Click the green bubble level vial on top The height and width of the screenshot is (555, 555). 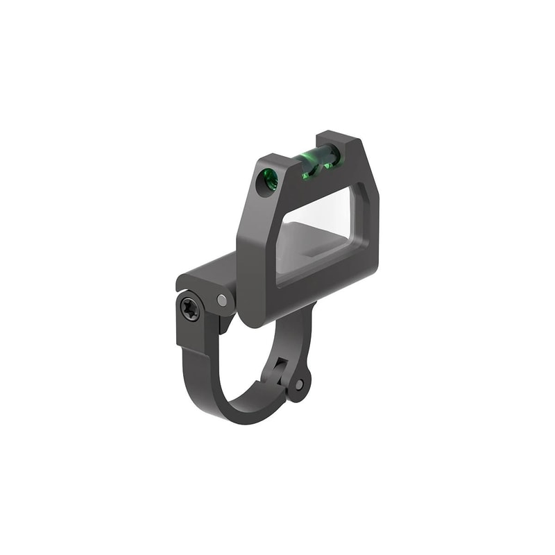tap(321, 162)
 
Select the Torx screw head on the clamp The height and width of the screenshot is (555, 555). tap(189, 308)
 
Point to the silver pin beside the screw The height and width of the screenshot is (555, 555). tap(221, 300)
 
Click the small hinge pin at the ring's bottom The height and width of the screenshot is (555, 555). tap(299, 384)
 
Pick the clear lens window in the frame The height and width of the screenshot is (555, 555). tap(321, 229)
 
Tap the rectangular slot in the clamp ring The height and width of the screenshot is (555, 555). tap(281, 364)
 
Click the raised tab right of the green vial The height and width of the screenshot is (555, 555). tap(347, 144)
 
